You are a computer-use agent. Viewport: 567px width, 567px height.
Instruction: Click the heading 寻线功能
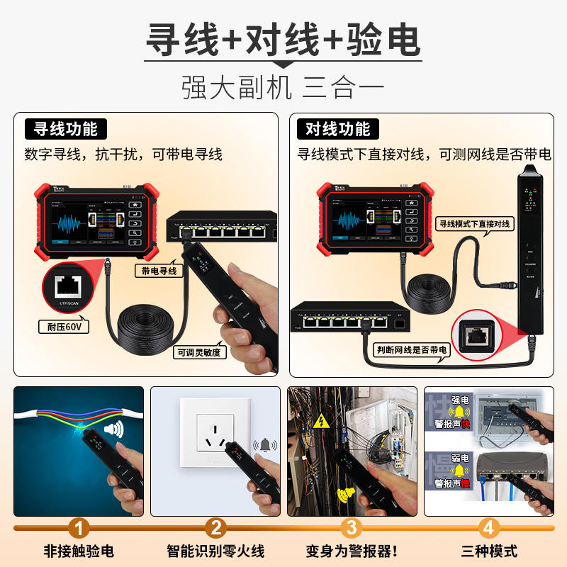pos(66,129)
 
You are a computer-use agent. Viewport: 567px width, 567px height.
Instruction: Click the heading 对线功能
pos(338,129)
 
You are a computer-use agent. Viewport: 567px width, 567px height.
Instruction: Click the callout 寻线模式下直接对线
pos(474,223)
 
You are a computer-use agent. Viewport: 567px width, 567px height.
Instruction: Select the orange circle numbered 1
pos(79,527)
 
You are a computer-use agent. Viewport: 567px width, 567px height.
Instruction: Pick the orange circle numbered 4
pos(488,527)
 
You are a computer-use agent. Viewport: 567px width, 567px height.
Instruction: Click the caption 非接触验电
pos(79,551)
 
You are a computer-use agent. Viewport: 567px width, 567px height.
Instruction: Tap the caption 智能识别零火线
pos(215,551)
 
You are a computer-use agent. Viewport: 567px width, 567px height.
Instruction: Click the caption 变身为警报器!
pos(352,551)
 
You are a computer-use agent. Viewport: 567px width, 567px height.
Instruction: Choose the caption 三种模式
pos(489,551)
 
